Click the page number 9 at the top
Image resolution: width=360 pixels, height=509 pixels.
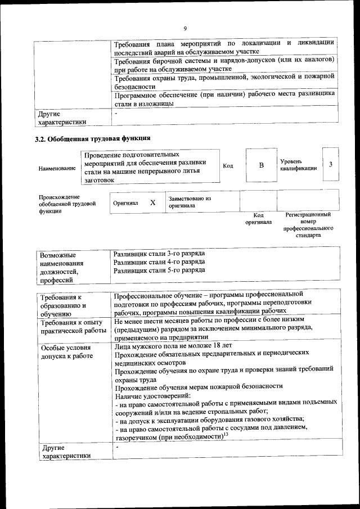coord(184,29)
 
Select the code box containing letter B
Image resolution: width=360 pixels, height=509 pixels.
coord(260,165)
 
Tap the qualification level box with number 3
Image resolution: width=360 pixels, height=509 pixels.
coord(331,164)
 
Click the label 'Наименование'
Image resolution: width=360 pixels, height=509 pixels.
coord(57,168)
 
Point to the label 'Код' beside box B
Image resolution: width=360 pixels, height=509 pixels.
coord(228,166)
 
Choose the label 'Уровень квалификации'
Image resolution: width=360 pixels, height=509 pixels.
coord(298,165)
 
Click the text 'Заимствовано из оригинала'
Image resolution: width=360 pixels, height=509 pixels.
coord(190,202)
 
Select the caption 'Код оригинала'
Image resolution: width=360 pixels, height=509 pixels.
coord(258,218)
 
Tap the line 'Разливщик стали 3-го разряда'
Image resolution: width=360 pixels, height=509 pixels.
coord(159,254)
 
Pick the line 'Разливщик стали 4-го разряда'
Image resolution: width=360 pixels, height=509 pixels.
coord(159,262)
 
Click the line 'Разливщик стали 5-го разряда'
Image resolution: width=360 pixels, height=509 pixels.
coord(159,271)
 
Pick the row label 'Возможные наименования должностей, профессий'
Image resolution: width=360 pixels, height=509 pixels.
coord(61,267)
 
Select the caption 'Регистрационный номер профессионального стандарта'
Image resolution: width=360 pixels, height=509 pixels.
coord(308,225)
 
